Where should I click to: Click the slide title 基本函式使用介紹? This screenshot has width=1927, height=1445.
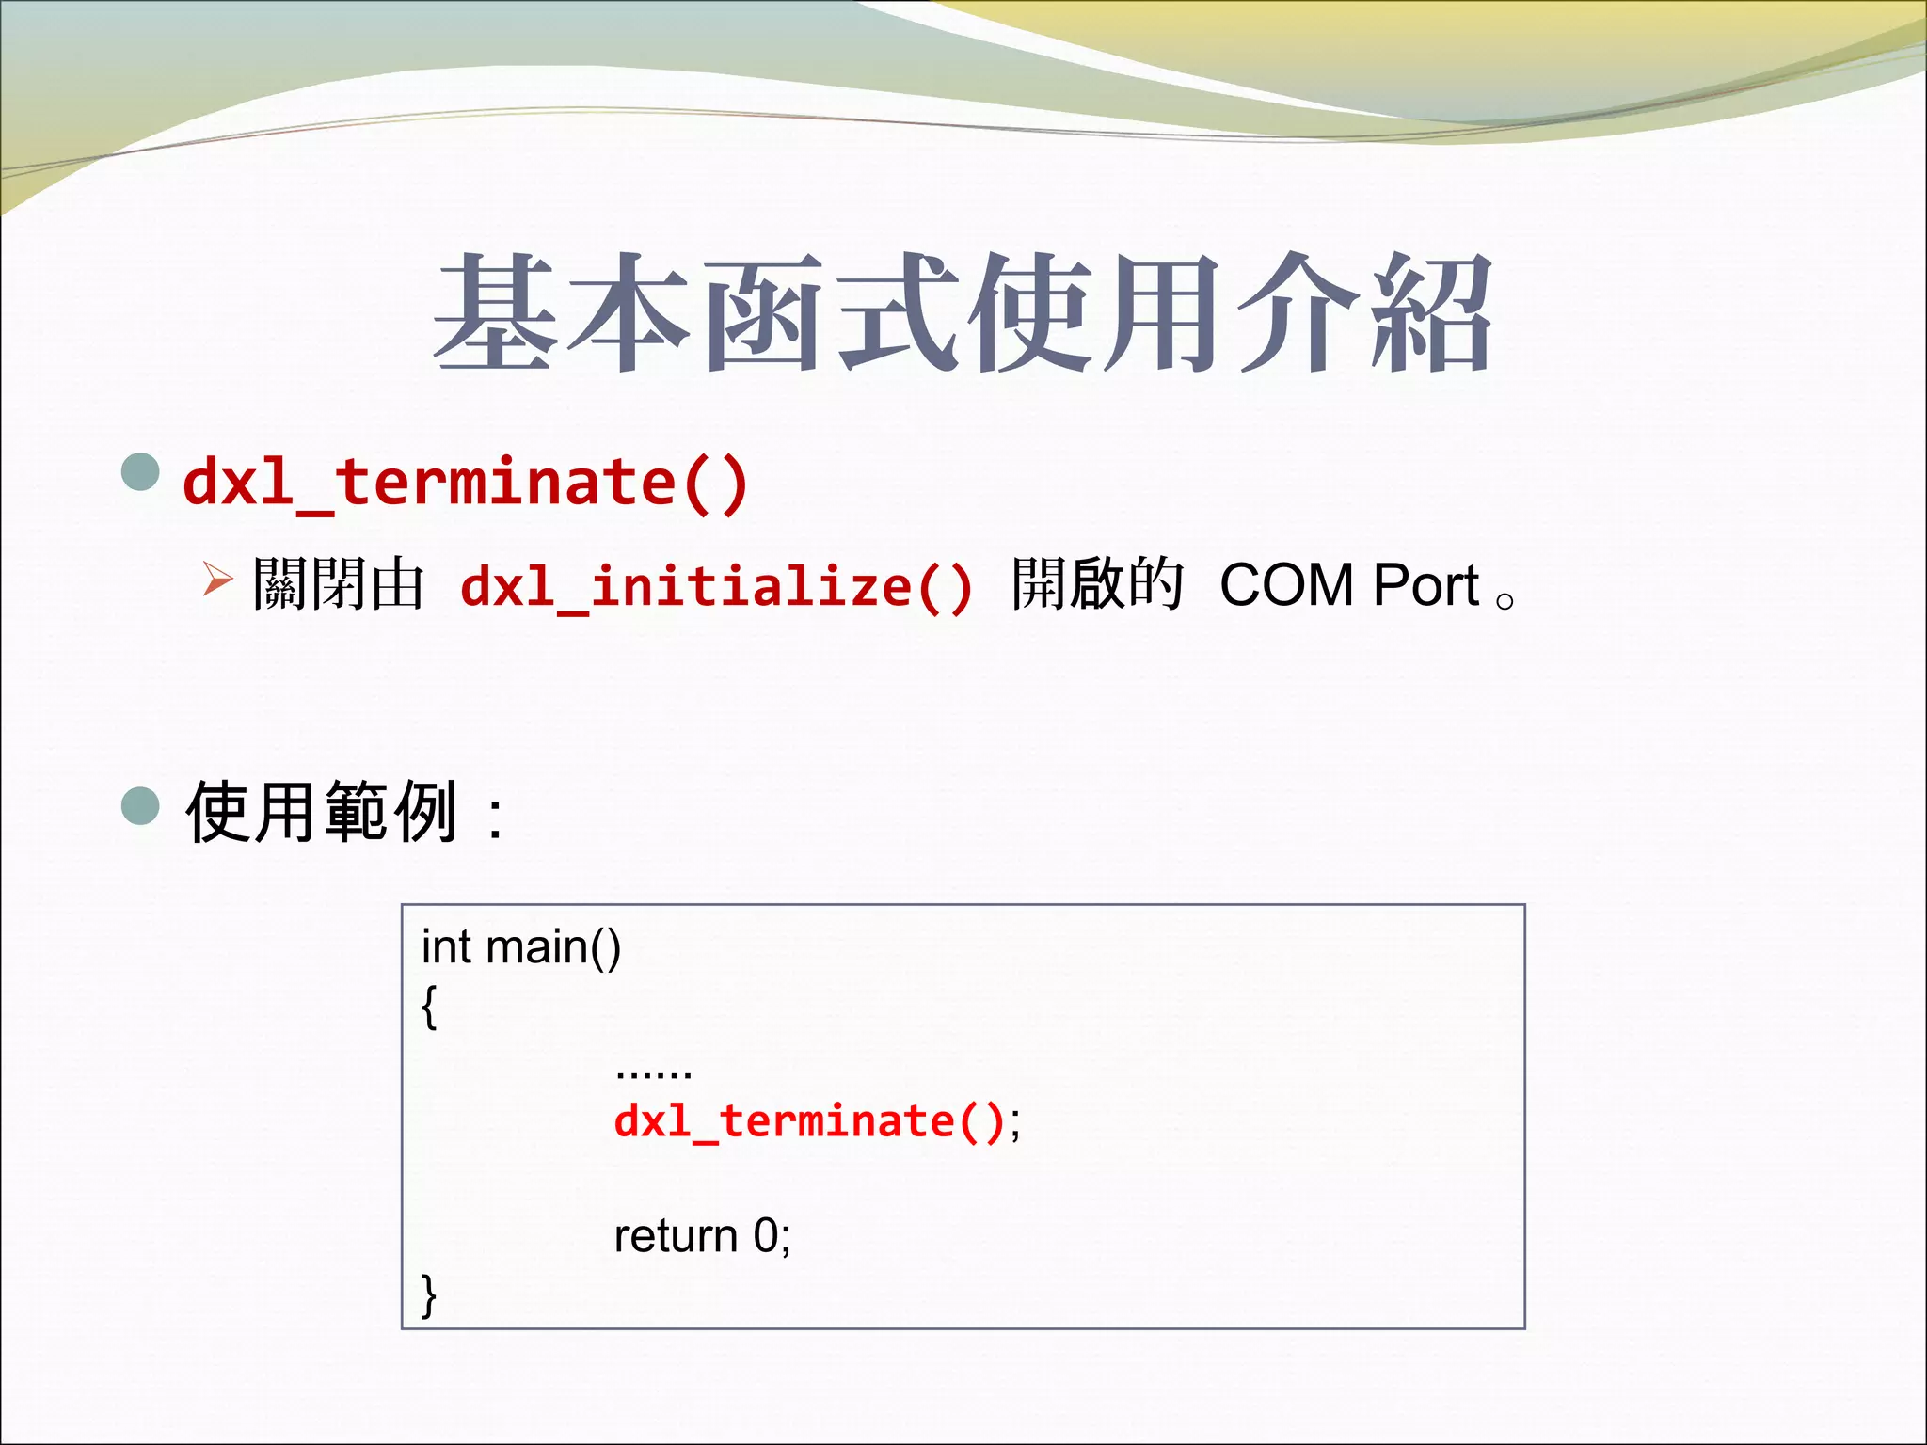click(x=962, y=313)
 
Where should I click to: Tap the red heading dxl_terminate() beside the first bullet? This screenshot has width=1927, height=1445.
click(x=466, y=483)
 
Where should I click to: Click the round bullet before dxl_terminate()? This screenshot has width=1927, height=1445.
click(x=141, y=472)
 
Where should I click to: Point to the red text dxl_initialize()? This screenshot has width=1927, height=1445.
click(x=716, y=587)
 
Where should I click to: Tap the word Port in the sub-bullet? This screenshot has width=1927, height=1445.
click(x=1425, y=585)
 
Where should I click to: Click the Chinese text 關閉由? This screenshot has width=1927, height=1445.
click(x=339, y=585)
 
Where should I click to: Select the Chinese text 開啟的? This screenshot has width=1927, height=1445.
click(x=1096, y=585)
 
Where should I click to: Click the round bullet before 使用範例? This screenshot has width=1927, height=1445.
click(x=141, y=805)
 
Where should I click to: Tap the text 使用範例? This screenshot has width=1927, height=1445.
click(x=322, y=811)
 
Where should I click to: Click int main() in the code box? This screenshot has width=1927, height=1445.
click(x=520, y=947)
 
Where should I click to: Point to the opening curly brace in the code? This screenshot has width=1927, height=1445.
click(x=429, y=1007)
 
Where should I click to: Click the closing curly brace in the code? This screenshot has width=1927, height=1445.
click(x=429, y=1295)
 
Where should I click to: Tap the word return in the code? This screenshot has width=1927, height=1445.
click(x=675, y=1236)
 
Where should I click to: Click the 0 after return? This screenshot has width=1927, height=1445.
click(x=766, y=1236)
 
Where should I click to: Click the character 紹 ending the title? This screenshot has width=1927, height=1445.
click(x=1431, y=313)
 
